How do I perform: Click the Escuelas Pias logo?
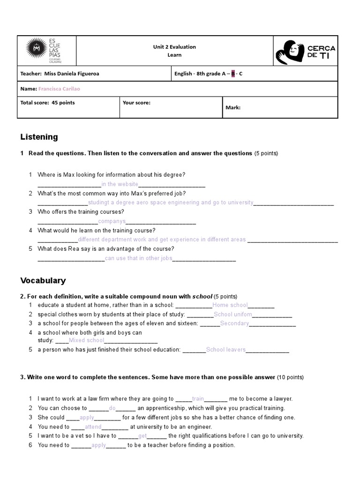click(x=45, y=51)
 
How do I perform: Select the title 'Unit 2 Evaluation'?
click(x=174, y=47)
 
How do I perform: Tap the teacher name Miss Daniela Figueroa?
click(x=70, y=74)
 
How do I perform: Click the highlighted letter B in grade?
click(x=233, y=74)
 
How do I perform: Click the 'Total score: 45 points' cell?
click(x=47, y=103)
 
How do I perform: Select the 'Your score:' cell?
click(x=136, y=103)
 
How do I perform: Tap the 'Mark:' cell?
click(x=233, y=107)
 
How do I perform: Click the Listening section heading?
click(x=39, y=137)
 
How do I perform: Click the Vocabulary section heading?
click(x=43, y=280)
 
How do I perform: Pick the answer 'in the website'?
click(x=120, y=184)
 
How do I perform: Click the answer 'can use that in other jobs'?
click(x=139, y=258)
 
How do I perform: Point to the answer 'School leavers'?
click(x=225, y=350)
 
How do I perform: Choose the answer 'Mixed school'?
click(x=86, y=340)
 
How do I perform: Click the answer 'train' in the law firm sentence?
click(x=198, y=399)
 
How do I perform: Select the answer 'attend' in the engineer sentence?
click(x=93, y=427)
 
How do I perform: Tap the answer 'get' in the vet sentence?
click(x=143, y=436)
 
